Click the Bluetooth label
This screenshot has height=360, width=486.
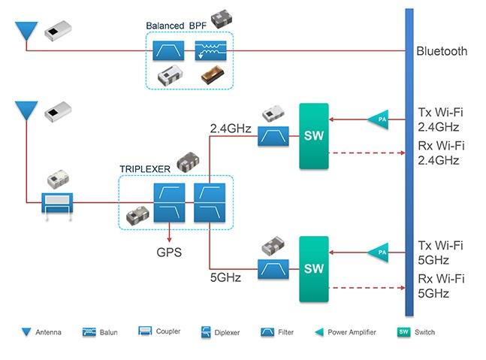pyautogui.click(x=442, y=52)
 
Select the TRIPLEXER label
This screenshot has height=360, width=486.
pyautogui.click(x=145, y=169)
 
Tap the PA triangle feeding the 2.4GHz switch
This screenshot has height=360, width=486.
pyautogui.click(x=376, y=118)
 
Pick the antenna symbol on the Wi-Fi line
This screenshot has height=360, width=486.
pyautogui.click(x=26, y=112)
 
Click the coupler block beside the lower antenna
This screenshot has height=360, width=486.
pyautogui.click(x=57, y=202)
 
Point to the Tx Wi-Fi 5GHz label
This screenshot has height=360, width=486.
pyautogui.click(x=439, y=253)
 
